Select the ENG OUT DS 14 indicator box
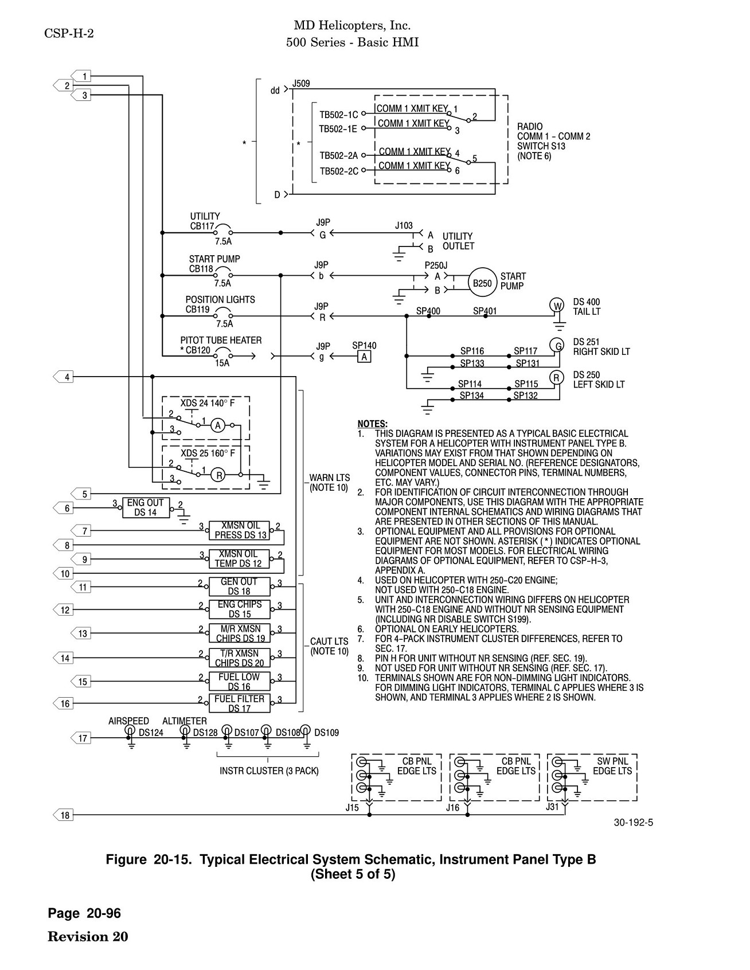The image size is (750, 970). [146, 507]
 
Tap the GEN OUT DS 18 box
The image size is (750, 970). [239, 586]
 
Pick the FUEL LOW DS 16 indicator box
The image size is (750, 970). [239, 682]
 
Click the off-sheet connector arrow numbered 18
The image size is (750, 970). [62, 815]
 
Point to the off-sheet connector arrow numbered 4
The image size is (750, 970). [62, 377]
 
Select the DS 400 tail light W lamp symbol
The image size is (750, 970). [557, 305]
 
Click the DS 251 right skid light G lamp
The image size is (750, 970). [557, 345]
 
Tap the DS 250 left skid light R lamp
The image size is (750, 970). [557, 377]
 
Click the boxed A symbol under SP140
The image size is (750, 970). [364, 357]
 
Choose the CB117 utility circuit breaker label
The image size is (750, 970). [201, 226]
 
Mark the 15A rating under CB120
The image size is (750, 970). [222, 363]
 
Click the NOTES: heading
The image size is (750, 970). [372, 424]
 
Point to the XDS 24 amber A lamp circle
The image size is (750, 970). [217, 425]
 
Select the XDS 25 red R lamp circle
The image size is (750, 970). [218, 475]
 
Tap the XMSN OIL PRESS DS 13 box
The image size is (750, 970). [239, 530]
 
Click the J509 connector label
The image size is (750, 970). [301, 84]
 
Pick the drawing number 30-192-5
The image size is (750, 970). [634, 823]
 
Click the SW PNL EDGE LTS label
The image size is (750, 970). [612, 766]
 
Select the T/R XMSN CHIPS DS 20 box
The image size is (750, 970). [239, 658]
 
